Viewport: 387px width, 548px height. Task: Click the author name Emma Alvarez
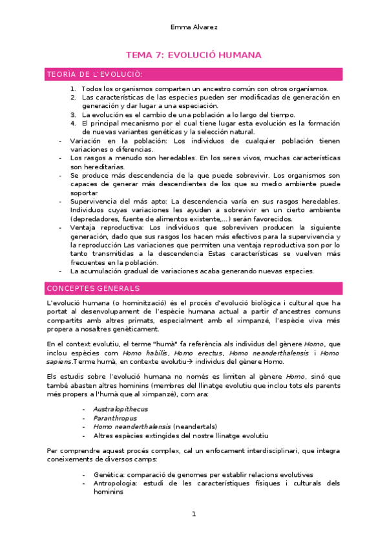click(x=193, y=27)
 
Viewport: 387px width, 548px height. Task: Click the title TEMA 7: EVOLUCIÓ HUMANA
click(x=193, y=56)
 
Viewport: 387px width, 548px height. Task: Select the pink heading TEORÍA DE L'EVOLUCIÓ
click(x=95, y=74)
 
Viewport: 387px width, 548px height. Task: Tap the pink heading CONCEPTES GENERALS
click(x=93, y=288)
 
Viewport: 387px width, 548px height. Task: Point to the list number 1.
click(x=73, y=89)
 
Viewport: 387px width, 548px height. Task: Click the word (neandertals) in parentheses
click(x=198, y=427)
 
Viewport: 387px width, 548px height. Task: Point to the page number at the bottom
click(x=193, y=514)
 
